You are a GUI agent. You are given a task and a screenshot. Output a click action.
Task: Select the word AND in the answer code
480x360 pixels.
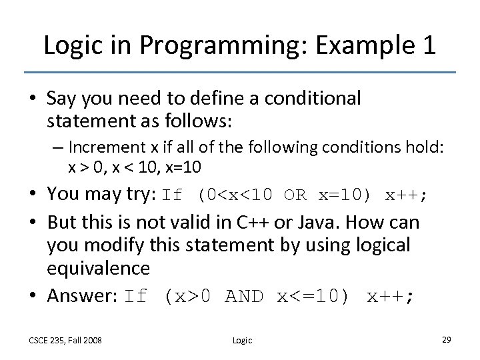245,296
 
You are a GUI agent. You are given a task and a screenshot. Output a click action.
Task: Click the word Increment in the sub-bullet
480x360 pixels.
107,147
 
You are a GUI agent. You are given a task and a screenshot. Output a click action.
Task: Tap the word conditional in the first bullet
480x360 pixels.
313,99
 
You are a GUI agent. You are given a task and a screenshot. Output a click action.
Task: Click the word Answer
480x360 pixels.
79,296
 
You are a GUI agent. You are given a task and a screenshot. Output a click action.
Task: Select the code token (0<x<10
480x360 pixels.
236,196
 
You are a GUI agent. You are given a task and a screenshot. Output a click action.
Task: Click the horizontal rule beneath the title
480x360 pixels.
239,72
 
